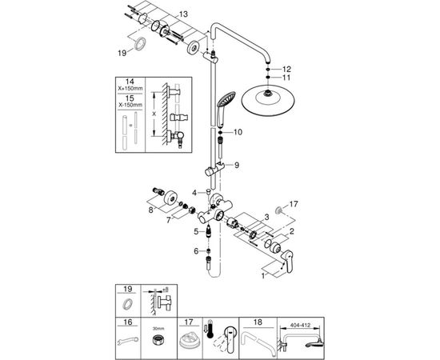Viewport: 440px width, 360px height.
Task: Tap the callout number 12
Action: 287,70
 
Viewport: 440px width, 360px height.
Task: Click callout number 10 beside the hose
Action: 238,131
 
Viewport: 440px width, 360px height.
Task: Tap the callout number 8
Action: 149,210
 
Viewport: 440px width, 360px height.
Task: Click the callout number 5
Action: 194,232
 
